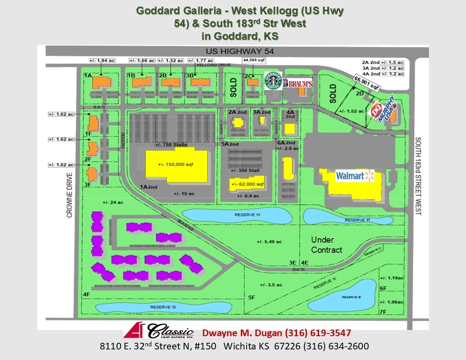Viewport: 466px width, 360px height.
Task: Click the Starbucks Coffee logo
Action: [x=273, y=82]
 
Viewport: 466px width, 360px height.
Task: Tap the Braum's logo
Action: [x=297, y=83]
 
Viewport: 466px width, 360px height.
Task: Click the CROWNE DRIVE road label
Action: [x=69, y=195]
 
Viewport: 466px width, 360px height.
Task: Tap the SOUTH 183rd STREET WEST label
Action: [x=419, y=176]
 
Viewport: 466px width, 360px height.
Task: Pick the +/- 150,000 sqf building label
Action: [x=176, y=164]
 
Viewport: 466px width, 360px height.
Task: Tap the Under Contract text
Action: [x=327, y=245]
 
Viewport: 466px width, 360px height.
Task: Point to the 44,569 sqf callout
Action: [x=254, y=60]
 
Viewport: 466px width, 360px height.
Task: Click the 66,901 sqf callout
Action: [x=366, y=82]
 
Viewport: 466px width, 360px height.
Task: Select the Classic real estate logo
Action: [x=159, y=331]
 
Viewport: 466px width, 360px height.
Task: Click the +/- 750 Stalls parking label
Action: [x=171, y=145]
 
